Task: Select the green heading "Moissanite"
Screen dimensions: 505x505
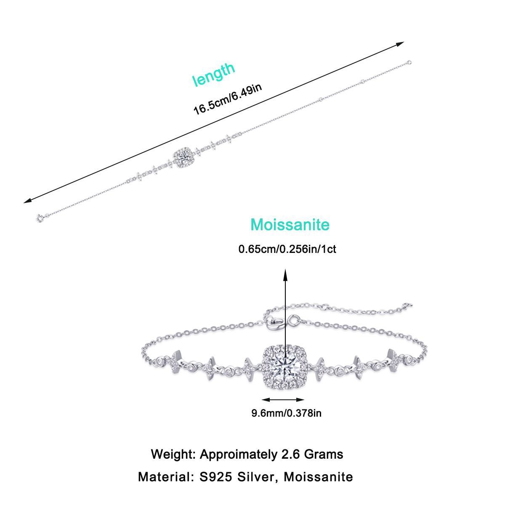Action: coord(290,224)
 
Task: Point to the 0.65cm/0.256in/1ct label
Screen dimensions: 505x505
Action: coord(287,249)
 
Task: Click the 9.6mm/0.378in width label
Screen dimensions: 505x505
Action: coord(286,413)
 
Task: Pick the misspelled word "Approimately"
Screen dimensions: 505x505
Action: coord(239,454)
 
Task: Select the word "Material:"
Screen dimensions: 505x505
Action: coord(164,477)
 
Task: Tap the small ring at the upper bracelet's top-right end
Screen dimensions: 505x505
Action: coord(409,63)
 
